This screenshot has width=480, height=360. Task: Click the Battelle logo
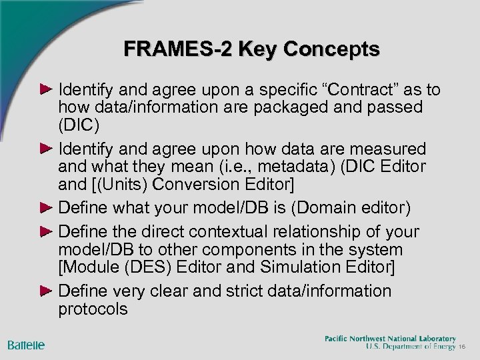[27, 344]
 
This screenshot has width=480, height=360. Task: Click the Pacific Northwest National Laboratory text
[390, 338]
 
